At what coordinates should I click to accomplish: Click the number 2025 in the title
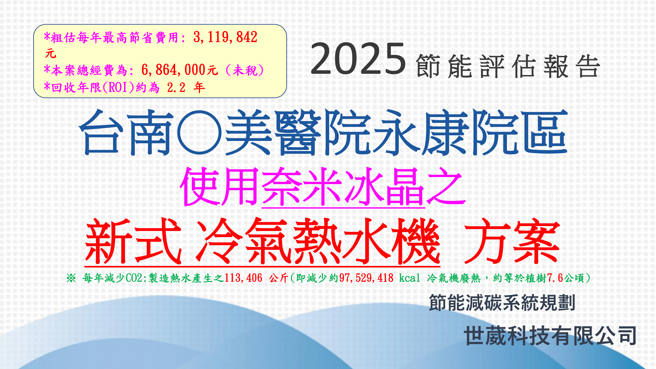pos(358,59)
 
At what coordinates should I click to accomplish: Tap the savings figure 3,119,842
pos(225,37)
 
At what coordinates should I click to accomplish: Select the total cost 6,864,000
pos(173,70)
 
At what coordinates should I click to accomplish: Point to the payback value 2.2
pos(176,88)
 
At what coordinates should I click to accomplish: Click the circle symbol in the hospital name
pos(199,132)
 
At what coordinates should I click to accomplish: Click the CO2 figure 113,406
pos(243,278)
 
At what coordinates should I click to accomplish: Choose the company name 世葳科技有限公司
pos(550,336)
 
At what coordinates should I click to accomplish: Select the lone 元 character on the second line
pos(50,54)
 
